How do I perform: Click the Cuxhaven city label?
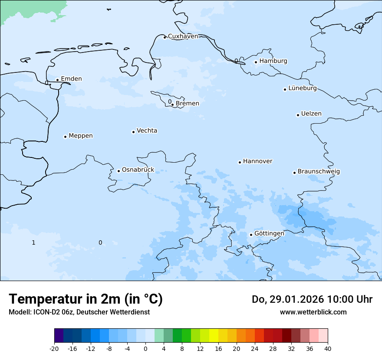point(183,36)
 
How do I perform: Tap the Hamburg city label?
point(273,61)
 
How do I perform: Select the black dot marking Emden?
point(57,80)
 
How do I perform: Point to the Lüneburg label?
point(302,88)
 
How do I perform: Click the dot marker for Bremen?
point(172,105)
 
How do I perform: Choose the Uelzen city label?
point(311,114)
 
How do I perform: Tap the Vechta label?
point(147,131)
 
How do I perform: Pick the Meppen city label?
point(81,136)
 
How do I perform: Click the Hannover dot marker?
point(240,163)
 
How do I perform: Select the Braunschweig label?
point(319,172)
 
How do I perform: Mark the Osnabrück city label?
point(138,170)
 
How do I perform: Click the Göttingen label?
point(269,234)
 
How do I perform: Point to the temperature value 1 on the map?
point(33,243)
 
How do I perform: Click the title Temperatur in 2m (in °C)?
point(86,299)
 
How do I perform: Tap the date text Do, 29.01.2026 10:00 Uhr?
point(312,300)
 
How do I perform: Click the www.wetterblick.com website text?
point(313,312)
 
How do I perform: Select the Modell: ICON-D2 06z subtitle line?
point(79,312)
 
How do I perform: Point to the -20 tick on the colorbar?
point(54,349)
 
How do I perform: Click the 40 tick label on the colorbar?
point(328,349)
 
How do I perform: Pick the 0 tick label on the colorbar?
point(145,349)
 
